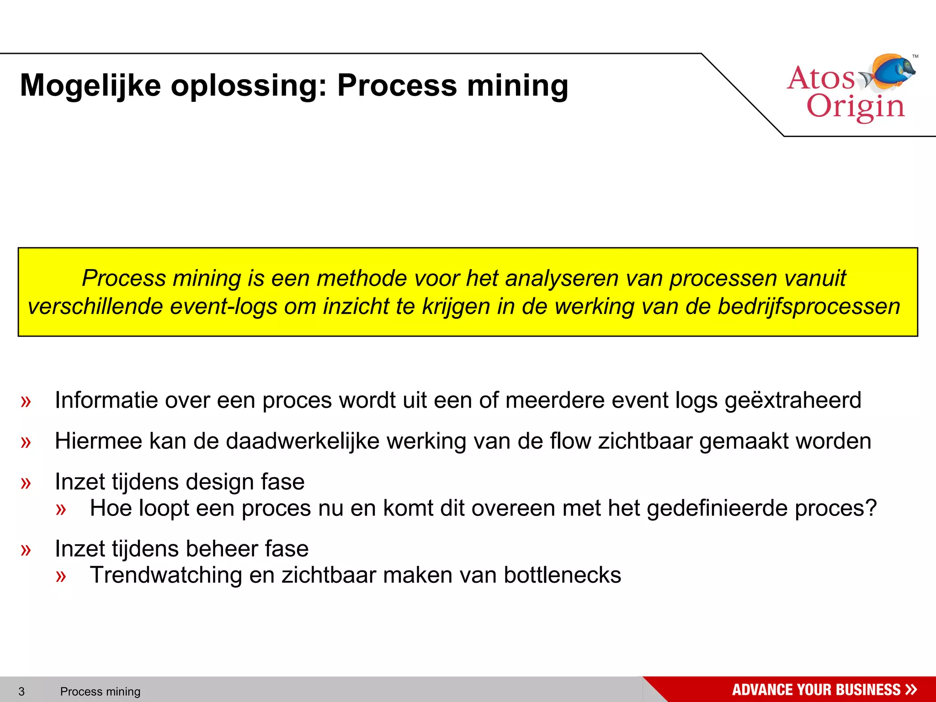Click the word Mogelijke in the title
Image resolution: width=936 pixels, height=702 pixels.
coord(90,86)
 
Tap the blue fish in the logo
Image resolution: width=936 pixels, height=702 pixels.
coord(893,72)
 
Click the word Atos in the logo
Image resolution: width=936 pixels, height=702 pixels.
coord(821,78)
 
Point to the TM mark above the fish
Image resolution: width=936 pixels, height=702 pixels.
coord(915,57)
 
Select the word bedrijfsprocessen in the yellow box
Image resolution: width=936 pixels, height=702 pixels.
coord(808,306)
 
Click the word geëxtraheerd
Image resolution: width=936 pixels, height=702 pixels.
coord(792,400)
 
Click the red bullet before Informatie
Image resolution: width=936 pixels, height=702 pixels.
coord(26,401)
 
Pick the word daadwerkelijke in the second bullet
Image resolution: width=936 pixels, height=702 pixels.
coord(303,441)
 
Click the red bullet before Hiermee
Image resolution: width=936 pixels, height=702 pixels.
coord(26,442)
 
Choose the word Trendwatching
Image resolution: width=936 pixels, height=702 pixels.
coord(165,575)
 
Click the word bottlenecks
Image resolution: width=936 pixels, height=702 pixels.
coord(562,575)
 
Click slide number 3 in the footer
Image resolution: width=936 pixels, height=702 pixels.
coord(21,691)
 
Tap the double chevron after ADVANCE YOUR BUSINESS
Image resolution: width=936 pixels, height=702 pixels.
coord(911,689)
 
